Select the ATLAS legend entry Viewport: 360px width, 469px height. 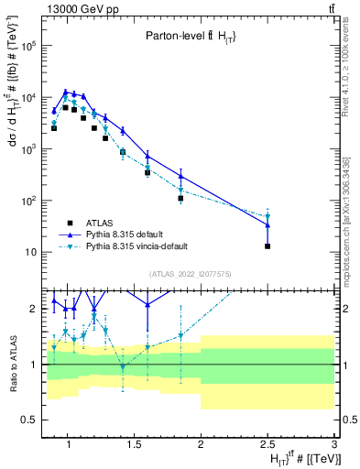(99, 222)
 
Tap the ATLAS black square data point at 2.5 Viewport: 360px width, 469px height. (267, 245)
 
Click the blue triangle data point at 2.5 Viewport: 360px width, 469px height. (267, 224)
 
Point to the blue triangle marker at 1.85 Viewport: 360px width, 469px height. (180, 176)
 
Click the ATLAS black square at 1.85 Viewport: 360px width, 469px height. (180, 198)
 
